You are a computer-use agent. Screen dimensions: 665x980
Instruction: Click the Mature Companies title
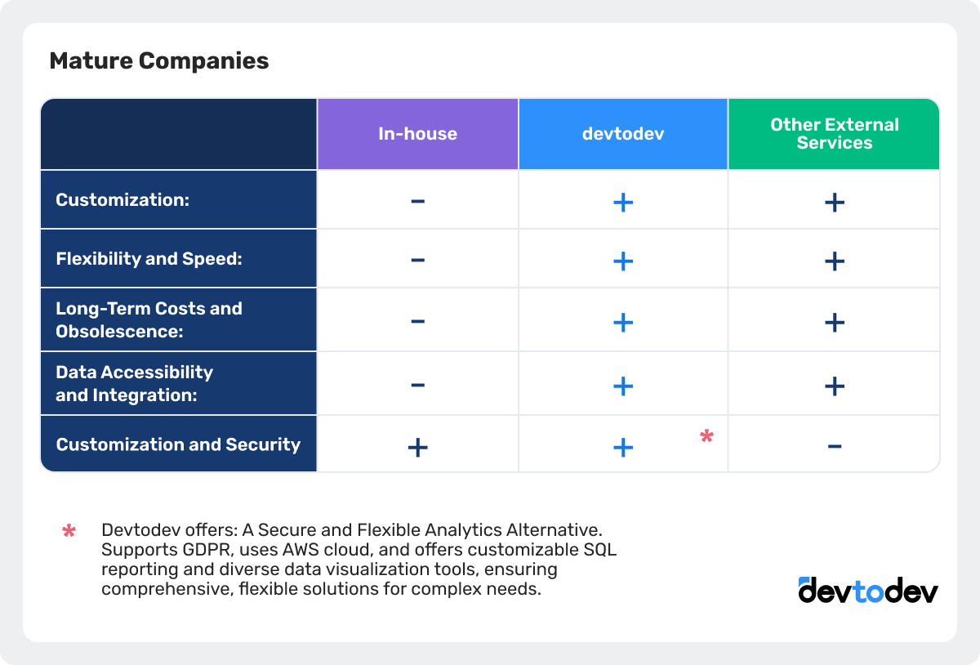click(159, 61)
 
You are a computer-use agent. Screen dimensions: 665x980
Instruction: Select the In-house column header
click(417, 134)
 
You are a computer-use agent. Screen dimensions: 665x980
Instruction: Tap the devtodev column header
click(623, 134)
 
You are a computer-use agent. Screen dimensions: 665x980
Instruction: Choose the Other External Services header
click(834, 134)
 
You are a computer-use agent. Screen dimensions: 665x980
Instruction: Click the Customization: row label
click(122, 199)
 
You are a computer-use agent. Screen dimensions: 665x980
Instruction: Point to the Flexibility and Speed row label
click(149, 259)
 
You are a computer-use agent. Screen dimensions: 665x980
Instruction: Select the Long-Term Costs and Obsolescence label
click(149, 319)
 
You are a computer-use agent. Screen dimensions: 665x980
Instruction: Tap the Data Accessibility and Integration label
click(135, 383)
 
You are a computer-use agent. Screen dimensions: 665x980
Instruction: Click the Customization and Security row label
click(178, 444)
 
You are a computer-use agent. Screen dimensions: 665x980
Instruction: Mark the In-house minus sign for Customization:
click(417, 201)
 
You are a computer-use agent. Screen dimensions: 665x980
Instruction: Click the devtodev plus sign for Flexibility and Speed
click(623, 261)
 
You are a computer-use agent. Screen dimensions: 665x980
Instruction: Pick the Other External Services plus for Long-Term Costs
click(834, 323)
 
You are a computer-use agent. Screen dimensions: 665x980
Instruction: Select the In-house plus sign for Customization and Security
click(417, 447)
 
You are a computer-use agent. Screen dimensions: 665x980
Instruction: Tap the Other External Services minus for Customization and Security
click(834, 446)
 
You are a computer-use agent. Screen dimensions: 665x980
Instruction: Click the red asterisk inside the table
click(706, 437)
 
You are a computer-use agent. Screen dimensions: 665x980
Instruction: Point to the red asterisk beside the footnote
click(69, 532)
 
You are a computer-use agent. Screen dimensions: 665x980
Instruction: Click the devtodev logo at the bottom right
click(868, 591)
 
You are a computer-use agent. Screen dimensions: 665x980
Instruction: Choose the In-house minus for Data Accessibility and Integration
click(417, 385)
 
